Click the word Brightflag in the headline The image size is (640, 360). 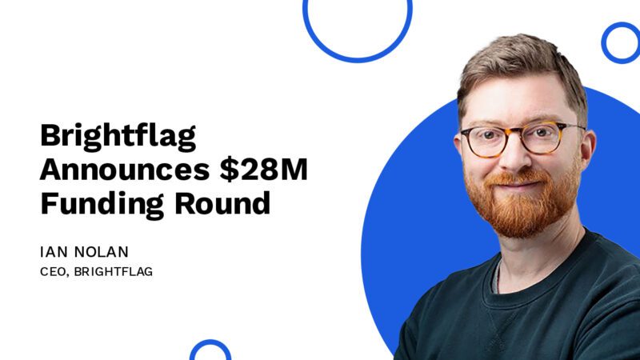pos(118,137)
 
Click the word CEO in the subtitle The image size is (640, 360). pos(52,272)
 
